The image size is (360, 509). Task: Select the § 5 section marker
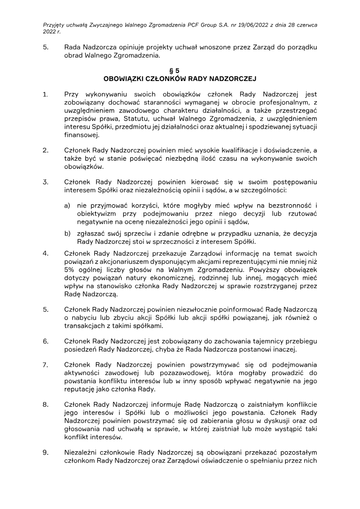pos(180,71)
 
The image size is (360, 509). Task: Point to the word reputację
pos(81,389)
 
